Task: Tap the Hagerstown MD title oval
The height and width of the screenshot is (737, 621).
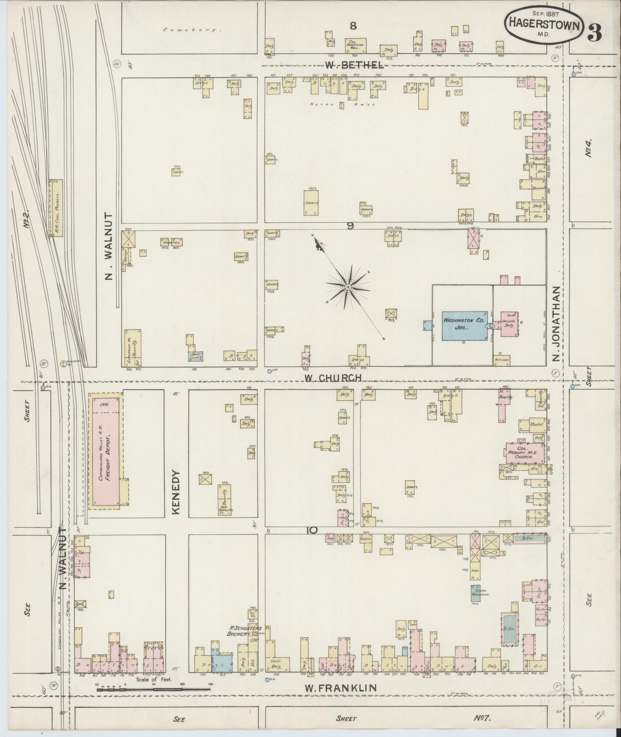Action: (544, 24)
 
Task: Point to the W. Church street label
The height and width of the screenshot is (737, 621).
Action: (333, 378)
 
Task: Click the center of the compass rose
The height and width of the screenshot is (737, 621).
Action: (348, 287)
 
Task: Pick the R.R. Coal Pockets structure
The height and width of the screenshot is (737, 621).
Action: (55, 208)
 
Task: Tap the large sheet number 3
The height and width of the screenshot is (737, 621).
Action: (595, 33)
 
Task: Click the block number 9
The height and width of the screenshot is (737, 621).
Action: (350, 226)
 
